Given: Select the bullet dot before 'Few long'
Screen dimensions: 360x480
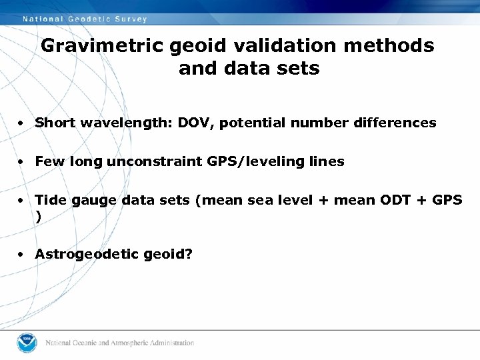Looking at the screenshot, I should pyautogui.click(x=22, y=162).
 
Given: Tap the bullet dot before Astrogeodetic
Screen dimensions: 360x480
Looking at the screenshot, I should pyautogui.click(x=22, y=255).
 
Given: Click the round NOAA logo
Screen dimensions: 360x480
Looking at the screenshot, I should pyautogui.click(x=27, y=342).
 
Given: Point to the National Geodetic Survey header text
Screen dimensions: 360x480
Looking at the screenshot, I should pyautogui.click(x=85, y=19).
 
